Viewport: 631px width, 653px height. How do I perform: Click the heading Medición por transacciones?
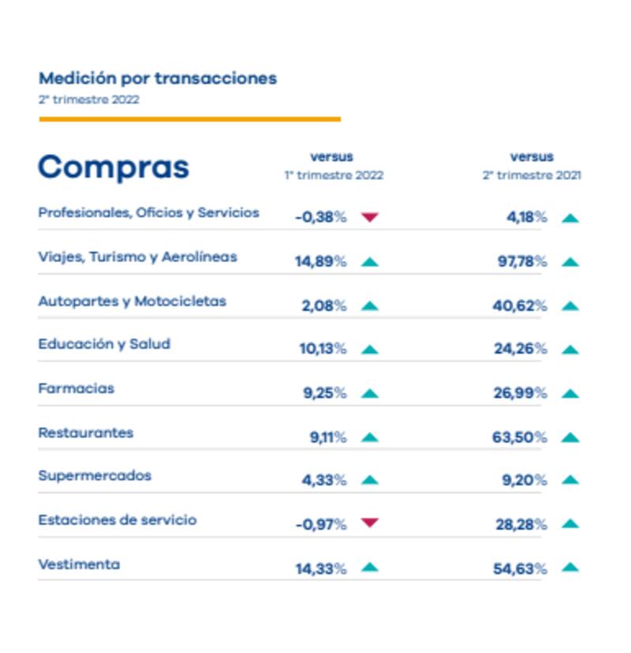click(x=158, y=78)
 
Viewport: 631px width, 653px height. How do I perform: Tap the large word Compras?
click(x=114, y=167)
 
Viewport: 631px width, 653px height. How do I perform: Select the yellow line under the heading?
click(x=189, y=119)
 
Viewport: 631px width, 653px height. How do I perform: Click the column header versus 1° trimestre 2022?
click(x=333, y=166)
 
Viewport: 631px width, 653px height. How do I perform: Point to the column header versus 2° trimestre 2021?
click(x=532, y=166)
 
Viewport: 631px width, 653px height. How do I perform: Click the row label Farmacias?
click(x=76, y=388)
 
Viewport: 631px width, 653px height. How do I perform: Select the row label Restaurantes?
click(x=85, y=433)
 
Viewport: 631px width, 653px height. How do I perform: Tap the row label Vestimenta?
click(x=79, y=565)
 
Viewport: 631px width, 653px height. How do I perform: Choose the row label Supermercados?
click(x=95, y=476)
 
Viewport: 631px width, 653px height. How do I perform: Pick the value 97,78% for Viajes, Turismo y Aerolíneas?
click(x=521, y=261)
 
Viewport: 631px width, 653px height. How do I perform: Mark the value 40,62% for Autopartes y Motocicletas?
click(x=520, y=306)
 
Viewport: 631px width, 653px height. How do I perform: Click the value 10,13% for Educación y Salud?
click(x=323, y=349)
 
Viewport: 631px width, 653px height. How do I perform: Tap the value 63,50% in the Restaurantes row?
click(x=520, y=437)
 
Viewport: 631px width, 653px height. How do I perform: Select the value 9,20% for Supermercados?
click(x=525, y=480)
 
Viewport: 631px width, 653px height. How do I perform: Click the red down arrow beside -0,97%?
click(x=369, y=523)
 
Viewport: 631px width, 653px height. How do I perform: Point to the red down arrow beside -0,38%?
click(x=369, y=217)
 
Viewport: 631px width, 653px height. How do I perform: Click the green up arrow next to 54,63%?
click(x=570, y=567)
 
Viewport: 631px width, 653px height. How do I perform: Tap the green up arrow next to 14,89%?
click(x=369, y=261)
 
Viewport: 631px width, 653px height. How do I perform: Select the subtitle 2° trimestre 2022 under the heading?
click(x=89, y=99)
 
